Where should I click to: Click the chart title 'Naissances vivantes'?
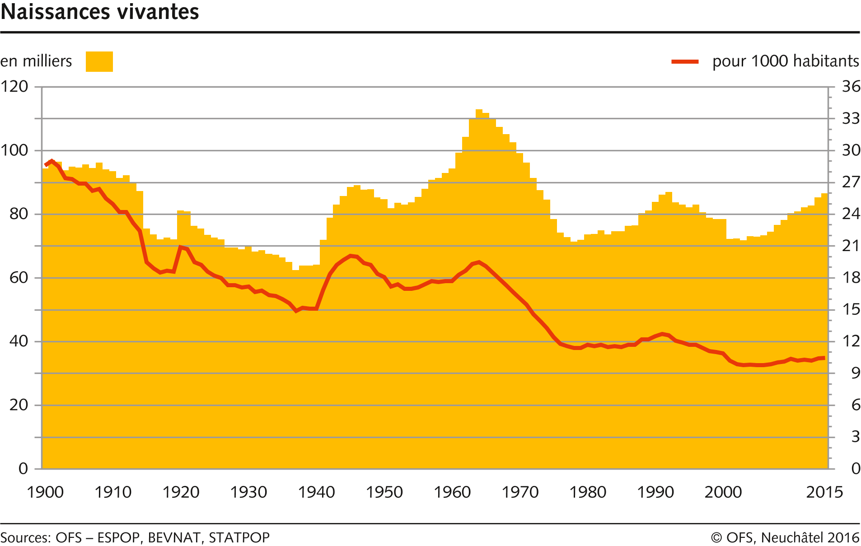(x=100, y=12)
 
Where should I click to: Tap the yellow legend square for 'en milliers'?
(x=99, y=61)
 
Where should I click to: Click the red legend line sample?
(x=685, y=61)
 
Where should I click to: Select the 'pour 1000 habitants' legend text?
(x=786, y=61)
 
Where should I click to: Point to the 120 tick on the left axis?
(x=14, y=86)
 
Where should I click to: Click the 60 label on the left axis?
(x=19, y=277)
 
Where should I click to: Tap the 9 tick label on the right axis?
(x=856, y=373)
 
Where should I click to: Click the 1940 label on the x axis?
(x=316, y=492)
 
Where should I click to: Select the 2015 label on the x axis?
(x=824, y=492)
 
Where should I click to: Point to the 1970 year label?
(x=520, y=492)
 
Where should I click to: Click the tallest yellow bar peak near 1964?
(x=479, y=110)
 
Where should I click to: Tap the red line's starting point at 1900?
(x=46, y=165)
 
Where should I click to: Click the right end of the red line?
(x=824, y=358)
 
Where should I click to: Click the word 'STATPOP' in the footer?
(x=239, y=537)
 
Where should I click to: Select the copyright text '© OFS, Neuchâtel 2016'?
(x=785, y=537)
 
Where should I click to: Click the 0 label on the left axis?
(x=23, y=468)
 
